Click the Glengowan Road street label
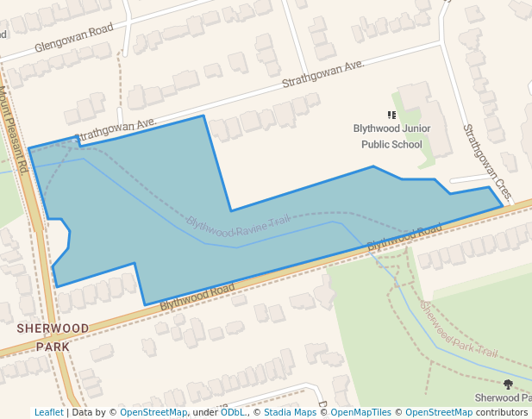pyautogui.click(x=74, y=40)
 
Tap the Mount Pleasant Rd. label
pyautogui.click(x=16, y=128)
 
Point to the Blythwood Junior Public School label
pyautogui.click(x=391, y=136)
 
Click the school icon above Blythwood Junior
pyautogui.click(x=391, y=114)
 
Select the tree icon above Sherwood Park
pyautogui.click(x=508, y=384)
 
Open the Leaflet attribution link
pyautogui.click(x=48, y=412)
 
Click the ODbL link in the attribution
pyautogui.click(x=232, y=412)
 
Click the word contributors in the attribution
pyautogui.click(x=502, y=412)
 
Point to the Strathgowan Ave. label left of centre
pyautogui.click(x=116, y=130)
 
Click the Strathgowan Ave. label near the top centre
pyautogui.click(x=324, y=76)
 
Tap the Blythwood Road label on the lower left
pyautogui.click(x=197, y=294)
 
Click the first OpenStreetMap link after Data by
pyautogui.click(x=153, y=412)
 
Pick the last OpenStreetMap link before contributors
pyautogui.click(x=438, y=412)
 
